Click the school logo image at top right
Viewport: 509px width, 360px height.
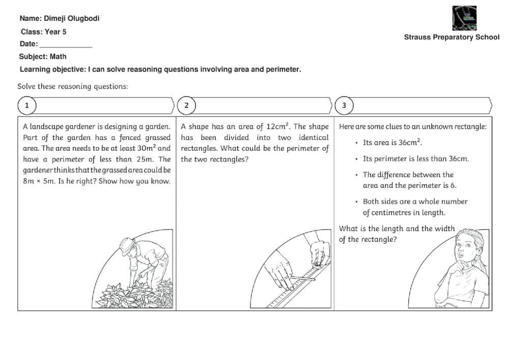(464, 18)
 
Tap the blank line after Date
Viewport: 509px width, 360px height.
(69, 44)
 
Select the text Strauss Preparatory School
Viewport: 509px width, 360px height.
(451, 37)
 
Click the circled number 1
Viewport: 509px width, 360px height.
(27, 105)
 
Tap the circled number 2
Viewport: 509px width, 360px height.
(186, 105)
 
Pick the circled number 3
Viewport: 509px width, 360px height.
(344, 105)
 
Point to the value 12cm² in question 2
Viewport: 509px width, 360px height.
(278, 126)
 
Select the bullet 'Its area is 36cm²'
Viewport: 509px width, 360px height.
(392, 143)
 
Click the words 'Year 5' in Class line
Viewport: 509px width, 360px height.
(55, 32)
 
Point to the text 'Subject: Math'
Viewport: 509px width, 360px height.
(43, 57)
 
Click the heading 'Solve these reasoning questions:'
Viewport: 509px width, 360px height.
(73, 86)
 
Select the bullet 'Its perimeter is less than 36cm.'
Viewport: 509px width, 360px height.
(415, 158)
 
